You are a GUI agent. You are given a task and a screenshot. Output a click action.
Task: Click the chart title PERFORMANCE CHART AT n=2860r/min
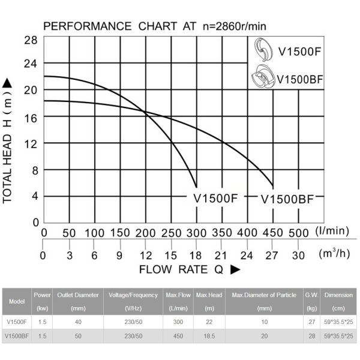click(x=155, y=26)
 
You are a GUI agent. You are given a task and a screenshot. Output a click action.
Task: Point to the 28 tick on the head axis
click(x=31, y=40)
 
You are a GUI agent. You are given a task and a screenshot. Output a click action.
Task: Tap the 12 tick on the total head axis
click(x=31, y=144)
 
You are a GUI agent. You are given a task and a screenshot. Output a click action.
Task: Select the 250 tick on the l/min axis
click(x=172, y=233)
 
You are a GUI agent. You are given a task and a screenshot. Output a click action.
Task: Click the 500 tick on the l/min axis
click(x=299, y=233)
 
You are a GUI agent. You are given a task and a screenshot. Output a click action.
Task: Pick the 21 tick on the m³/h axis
click(x=222, y=256)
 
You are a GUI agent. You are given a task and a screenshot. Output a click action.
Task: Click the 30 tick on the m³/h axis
click(x=298, y=256)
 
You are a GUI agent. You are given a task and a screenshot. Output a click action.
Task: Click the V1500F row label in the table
click(x=16, y=322)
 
